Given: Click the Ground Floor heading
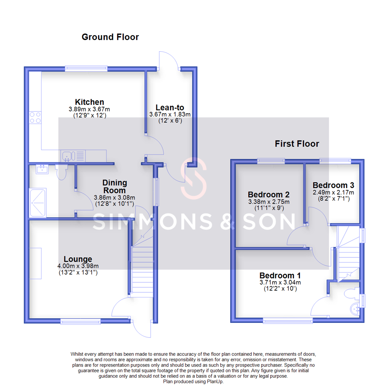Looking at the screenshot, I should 110,37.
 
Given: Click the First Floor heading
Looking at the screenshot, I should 297,144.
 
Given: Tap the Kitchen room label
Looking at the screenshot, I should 89,102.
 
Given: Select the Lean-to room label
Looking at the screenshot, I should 169,107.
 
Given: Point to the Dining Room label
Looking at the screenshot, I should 115,187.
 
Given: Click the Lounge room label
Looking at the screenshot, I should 78,259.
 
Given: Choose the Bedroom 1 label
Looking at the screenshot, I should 280,276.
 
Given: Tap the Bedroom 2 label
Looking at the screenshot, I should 268,195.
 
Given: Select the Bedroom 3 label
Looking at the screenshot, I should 333,185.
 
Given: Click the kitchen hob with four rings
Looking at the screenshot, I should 35,118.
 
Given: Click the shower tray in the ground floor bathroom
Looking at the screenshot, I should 38,203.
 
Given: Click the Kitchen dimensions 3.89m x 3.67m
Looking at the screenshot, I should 89,109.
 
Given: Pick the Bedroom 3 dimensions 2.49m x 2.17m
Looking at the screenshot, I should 333,192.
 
